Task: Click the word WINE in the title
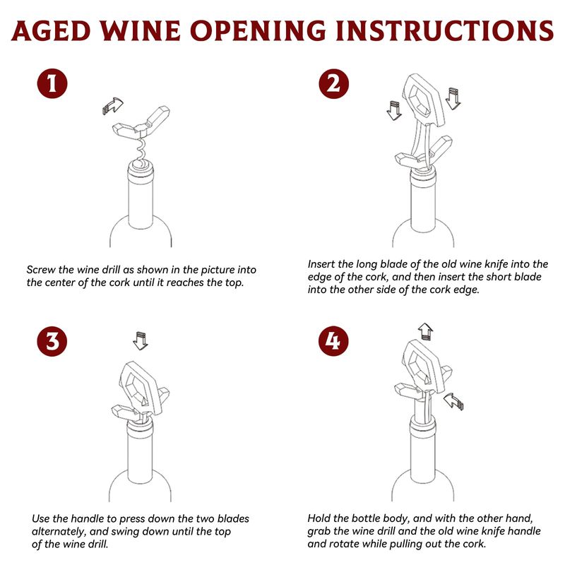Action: coord(140,30)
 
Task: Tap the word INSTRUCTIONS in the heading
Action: coord(444,30)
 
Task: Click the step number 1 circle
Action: coord(52,83)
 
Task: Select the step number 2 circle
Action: coord(333,83)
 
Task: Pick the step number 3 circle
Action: coord(52,341)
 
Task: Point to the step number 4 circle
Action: coord(333,341)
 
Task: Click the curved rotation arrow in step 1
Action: coord(113,105)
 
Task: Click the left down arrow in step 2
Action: coord(394,110)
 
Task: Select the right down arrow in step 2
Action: coord(453,98)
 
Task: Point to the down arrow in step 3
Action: coord(141,340)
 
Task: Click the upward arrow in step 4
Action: coord(426,331)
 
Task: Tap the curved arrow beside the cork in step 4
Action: coord(453,401)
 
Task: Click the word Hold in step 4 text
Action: coord(319,518)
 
